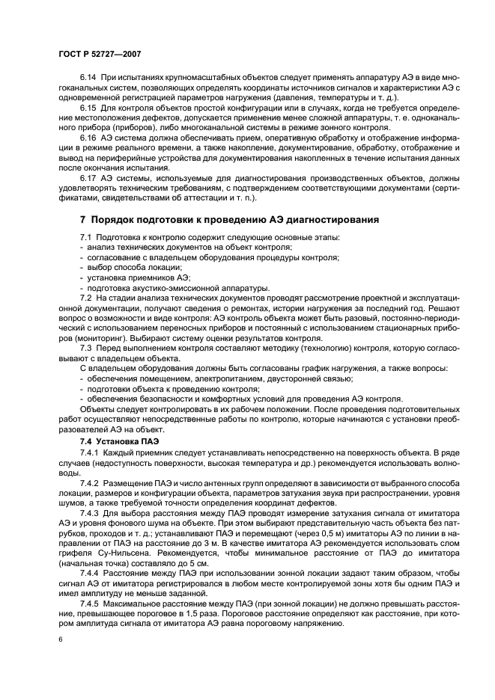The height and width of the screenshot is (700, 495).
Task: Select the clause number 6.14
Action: (x=88, y=79)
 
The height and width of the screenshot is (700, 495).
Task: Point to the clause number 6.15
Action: (x=88, y=108)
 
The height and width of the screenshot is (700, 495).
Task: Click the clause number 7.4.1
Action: (x=90, y=454)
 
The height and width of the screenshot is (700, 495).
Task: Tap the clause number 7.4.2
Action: (x=90, y=484)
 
